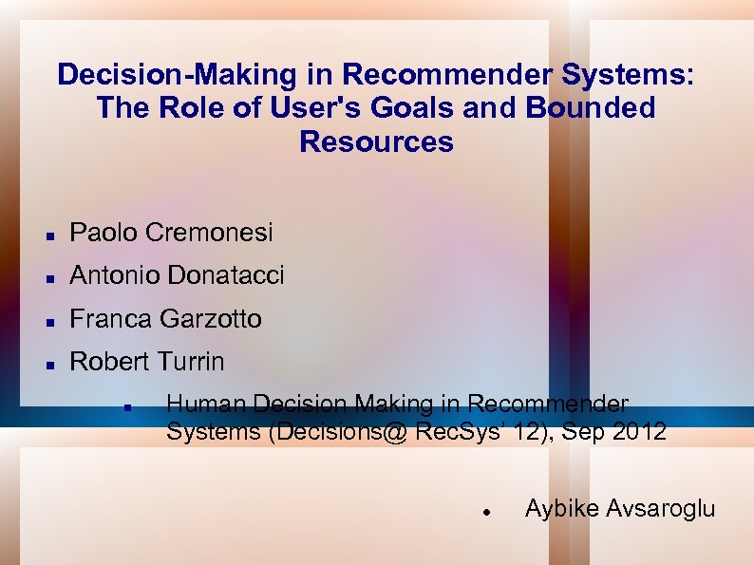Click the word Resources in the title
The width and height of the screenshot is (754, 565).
pos(376,141)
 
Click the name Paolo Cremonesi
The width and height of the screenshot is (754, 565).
pos(171,232)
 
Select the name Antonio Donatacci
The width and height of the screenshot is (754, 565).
pos(177,275)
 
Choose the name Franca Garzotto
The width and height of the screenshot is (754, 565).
pos(165,319)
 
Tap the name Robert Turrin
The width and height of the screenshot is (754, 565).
pos(147,362)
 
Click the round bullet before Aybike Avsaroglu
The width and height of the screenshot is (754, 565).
pos(485,510)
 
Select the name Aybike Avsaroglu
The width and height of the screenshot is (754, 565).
pos(619,508)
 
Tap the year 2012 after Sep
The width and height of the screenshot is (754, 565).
pos(638,432)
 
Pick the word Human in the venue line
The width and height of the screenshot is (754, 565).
pos(198,405)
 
